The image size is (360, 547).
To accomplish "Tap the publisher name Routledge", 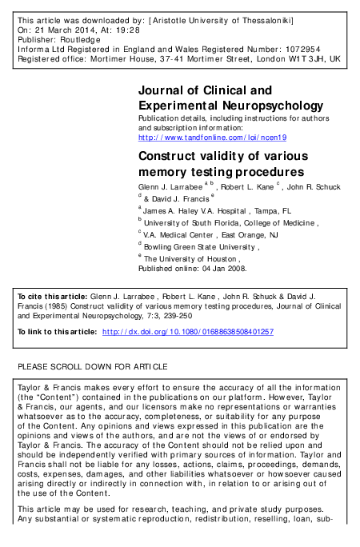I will pos(81,39).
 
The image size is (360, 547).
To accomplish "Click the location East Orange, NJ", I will pos(249,236).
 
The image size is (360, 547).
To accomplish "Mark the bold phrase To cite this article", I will pos(52,297).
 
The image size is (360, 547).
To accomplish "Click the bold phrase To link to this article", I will pos(57,330).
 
